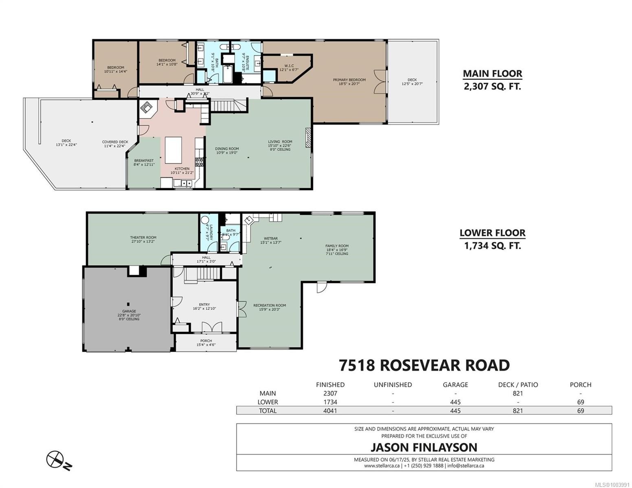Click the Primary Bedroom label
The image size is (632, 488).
click(349, 80)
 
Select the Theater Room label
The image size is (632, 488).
click(143, 237)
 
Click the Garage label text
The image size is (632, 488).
click(129, 312)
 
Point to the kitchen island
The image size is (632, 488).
click(173, 149)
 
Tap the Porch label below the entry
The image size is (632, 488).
click(206, 341)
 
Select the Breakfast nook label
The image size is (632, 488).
click(144, 161)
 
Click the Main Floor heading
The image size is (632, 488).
click(492, 74)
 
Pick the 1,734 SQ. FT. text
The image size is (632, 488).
click(492, 246)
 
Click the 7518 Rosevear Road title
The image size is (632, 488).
click(424, 365)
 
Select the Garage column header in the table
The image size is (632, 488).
click(455, 385)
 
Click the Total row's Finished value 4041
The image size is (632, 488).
click(330, 411)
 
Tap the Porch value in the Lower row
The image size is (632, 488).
click(580, 402)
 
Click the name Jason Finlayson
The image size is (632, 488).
click(424, 447)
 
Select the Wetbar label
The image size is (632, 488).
click(271, 239)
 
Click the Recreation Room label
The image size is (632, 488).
click(270, 305)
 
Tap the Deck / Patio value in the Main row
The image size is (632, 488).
click(518, 393)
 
